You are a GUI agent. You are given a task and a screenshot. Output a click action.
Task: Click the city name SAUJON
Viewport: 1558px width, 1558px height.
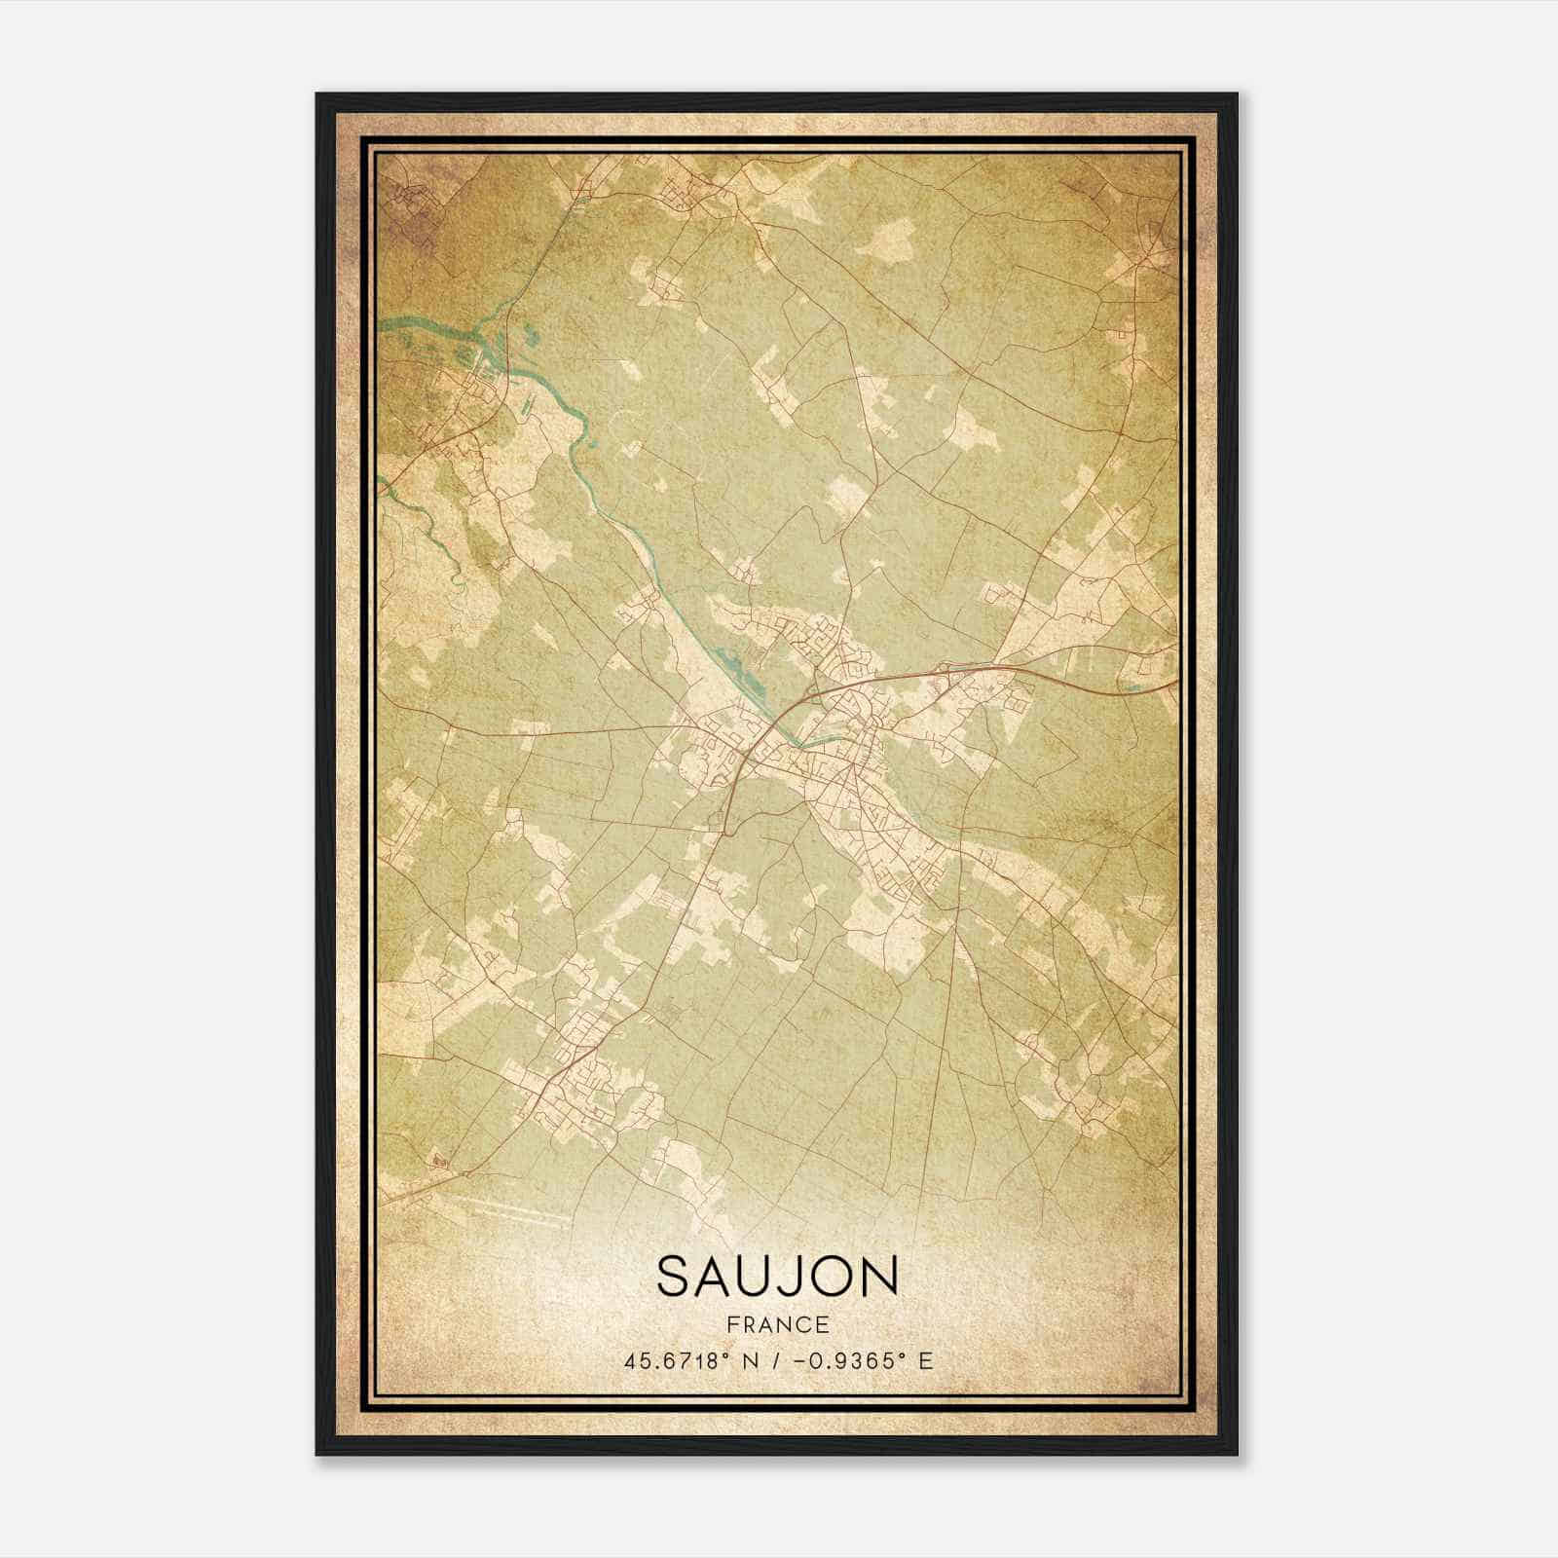[x=777, y=1277]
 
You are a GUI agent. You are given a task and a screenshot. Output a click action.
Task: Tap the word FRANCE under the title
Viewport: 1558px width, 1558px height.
[x=777, y=1324]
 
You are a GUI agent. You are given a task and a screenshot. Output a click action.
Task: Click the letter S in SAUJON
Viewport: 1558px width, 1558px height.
[x=677, y=1277]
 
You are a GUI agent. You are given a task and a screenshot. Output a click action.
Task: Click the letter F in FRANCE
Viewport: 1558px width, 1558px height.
[x=731, y=1324]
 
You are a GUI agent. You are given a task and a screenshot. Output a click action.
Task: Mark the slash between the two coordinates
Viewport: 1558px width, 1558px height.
[x=773, y=1360]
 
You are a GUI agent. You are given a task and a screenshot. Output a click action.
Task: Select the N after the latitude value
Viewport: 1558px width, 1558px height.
[x=750, y=1360]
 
